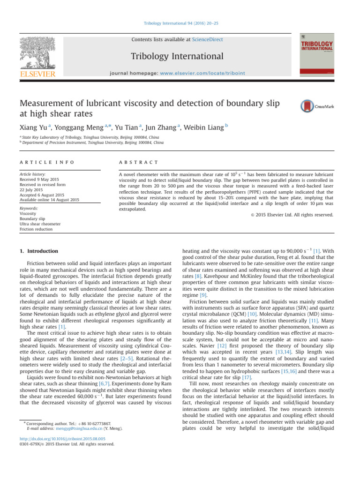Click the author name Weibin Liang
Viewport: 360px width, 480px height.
pyautogui.click(x=195, y=128)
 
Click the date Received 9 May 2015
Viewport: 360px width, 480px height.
pyautogui.click(x=39, y=179)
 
